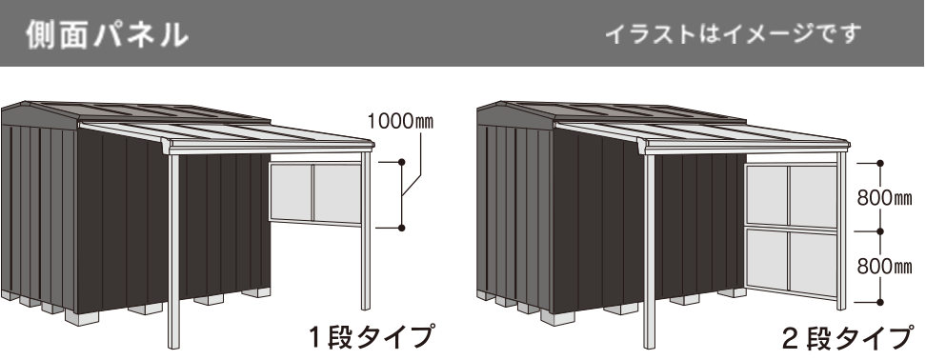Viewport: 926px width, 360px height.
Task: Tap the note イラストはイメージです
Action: coord(733,34)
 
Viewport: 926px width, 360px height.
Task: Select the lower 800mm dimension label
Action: coord(884,267)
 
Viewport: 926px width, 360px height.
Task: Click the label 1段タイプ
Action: coord(371,336)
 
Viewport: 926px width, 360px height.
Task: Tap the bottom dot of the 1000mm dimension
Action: coord(402,228)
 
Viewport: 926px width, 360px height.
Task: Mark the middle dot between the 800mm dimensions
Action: coord(880,231)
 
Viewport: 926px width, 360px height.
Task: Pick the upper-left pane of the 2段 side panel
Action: coord(767,195)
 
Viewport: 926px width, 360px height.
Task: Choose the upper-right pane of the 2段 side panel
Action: coord(813,195)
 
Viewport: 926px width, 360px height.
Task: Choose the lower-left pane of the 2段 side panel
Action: coord(767,264)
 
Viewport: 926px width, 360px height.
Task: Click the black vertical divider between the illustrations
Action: coord(463,219)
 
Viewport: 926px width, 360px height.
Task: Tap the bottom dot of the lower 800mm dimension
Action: coord(880,300)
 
